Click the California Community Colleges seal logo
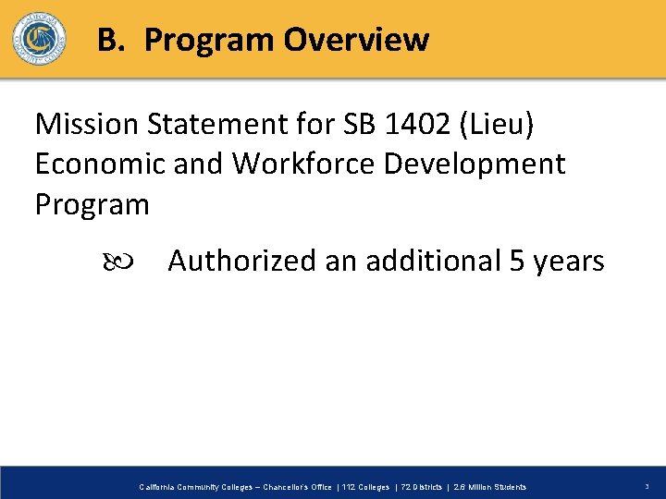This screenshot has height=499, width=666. pos(39,38)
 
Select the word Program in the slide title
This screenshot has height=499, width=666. pos(209,40)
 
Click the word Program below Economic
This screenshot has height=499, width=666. pos(92,204)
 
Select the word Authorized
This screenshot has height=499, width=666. pos(242,262)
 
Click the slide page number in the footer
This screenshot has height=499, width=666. pos(647,487)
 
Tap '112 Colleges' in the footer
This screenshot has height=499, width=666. pos(364,487)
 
